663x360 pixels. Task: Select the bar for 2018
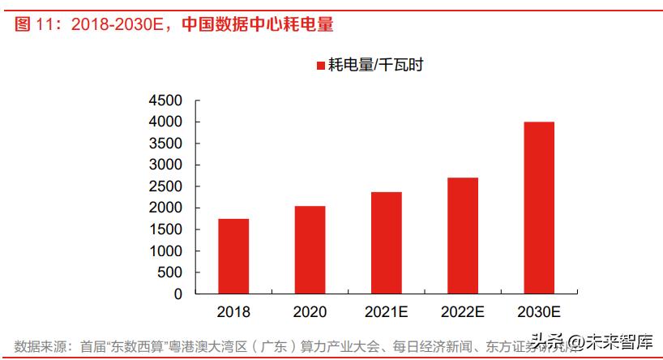[233, 256]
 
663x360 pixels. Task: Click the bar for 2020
[310, 250]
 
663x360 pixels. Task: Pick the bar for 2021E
[387, 242]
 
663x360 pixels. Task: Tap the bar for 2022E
[463, 235]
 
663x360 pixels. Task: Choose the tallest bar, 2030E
[539, 208]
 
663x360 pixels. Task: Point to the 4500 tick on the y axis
[165, 101]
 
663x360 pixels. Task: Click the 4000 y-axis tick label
[165, 122]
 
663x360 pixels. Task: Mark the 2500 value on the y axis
[165, 186]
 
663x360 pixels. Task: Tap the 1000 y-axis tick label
[165, 251]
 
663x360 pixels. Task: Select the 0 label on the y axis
[178, 294]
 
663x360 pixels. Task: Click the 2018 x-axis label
[233, 311]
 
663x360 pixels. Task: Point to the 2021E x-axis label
[387, 311]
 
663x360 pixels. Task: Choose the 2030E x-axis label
[539, 311]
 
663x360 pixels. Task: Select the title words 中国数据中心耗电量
[257, 24]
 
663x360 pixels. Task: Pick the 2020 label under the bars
[310, 311]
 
